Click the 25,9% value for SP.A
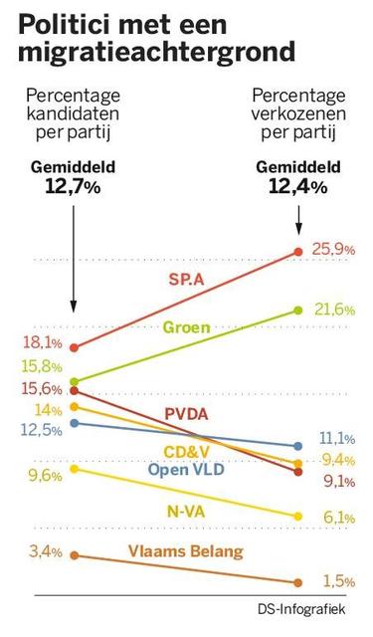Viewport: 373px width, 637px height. [333, 250]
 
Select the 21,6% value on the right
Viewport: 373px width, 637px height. [333, 310]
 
